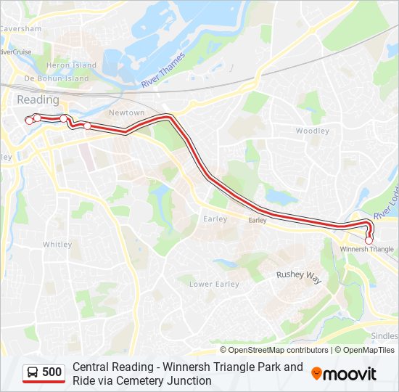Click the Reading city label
(37, 99)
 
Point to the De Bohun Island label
(56, 78)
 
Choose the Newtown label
(127, 113)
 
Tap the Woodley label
(312, 131)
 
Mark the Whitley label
(57, 245)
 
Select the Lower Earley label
(214, 284)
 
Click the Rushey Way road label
(298, 275)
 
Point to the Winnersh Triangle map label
(367, 249)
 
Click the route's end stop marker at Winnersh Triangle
(369, 240)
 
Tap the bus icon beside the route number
(33, 372)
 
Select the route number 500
(52, 372)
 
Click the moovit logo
(344, 374)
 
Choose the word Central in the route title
(91, 367)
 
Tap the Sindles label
(384, 336)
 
